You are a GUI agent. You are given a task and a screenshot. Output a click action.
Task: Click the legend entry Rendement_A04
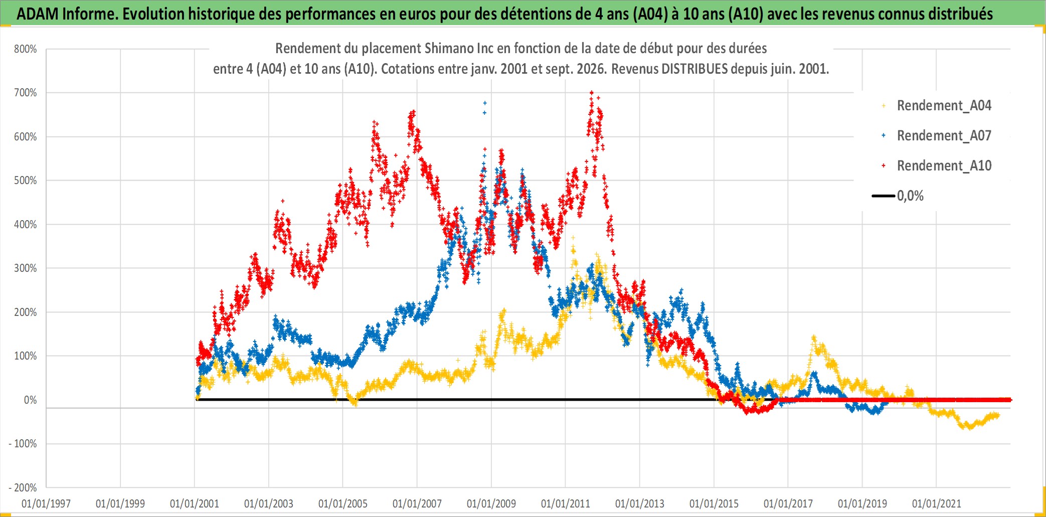coord(944,106)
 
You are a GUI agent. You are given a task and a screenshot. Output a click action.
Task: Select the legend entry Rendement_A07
coord(944,136)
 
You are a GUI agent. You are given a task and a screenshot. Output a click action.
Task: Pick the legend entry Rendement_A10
coord(944,166)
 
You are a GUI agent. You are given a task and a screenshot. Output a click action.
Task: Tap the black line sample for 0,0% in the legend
coord(884,196)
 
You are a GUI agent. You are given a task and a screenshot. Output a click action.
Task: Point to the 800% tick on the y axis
coord(26,49)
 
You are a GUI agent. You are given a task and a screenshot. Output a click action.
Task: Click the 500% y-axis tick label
coord(26,181)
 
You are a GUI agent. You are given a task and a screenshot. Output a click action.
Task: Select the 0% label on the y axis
coord(31,400)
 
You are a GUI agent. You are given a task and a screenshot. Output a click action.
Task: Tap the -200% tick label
coord(23,488)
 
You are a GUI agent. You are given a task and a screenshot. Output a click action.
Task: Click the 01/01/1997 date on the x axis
coord(46,503)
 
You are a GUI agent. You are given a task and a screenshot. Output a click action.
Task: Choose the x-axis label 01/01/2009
coord(491,503)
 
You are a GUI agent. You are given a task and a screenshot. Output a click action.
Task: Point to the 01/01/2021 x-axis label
coord(937,503)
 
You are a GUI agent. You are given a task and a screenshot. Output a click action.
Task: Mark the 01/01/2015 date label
coord(714,503)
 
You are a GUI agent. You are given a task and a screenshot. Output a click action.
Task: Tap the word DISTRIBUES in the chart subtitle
coord(694,69)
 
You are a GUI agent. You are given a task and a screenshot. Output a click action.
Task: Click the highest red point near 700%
coord(592,92)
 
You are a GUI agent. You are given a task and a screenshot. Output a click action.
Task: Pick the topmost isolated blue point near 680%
coord(485,103)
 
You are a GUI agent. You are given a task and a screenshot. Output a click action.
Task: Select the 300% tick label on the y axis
coord(26,268)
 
